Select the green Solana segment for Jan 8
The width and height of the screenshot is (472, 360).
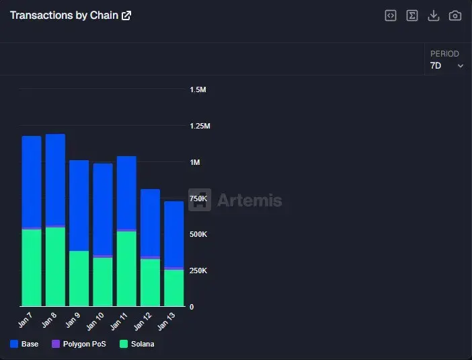[55, 267]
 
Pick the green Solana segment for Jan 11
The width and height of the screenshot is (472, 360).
[126, 268]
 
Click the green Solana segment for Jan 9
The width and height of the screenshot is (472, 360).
[79, 279]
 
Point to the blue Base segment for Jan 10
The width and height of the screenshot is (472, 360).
[103, 209]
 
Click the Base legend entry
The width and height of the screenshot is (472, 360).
[24, 344]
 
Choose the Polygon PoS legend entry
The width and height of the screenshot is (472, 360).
[79, 344]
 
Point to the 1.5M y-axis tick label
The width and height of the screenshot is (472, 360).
[198, 89]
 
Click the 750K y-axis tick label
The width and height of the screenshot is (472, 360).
[198, 199]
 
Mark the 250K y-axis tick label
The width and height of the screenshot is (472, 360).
[198, 271]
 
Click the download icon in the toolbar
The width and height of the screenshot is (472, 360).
[434, 15]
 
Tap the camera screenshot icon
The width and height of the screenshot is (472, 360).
[455, 15]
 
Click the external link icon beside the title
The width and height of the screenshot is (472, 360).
[126, 15]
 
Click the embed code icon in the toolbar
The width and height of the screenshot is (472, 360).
[391, 15]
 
